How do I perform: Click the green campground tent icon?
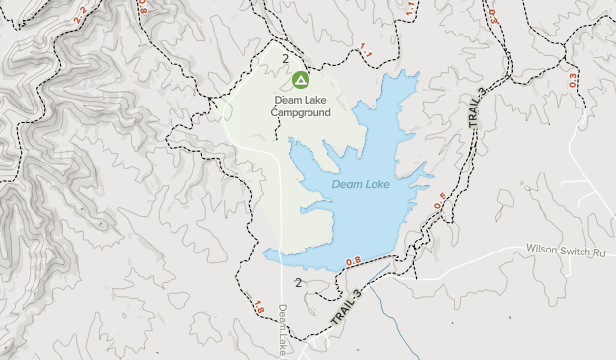301,79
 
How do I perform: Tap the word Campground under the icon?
301,112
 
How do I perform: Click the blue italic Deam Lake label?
361,184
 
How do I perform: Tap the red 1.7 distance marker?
410,7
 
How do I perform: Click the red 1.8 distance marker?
258,307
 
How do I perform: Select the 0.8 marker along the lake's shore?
353,261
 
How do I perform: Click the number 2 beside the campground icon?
285,59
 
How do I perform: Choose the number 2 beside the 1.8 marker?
298,284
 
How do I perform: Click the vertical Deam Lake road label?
283,328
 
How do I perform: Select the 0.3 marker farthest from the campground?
572,80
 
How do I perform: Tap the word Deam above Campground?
287,99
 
